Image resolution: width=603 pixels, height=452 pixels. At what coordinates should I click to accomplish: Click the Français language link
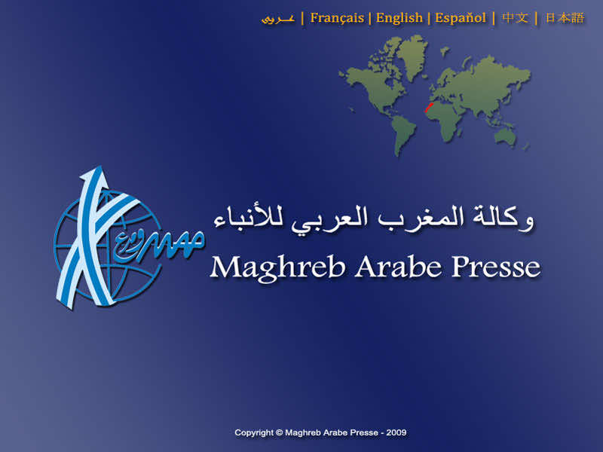(337, 18)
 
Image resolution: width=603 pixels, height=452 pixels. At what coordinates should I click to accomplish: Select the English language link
(399, 18)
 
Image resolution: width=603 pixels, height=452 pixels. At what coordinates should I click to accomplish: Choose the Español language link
(460, 18)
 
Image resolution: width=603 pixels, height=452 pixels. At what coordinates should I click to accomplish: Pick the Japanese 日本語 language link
(565, 18)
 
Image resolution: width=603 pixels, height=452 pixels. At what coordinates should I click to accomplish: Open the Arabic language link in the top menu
(277, 19)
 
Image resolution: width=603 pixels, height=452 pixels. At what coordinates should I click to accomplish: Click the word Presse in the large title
(496, 267)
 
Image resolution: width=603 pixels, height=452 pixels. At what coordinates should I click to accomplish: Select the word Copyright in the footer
(254, 432)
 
